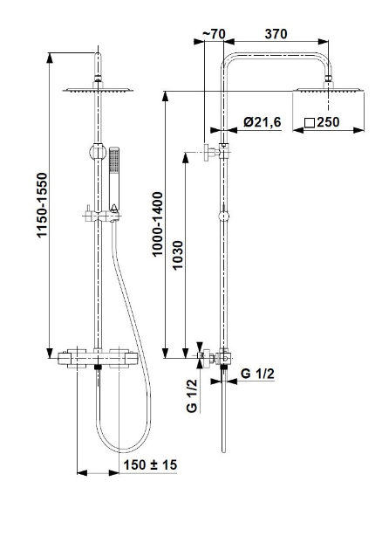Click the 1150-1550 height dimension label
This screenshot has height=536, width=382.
pos(42,205)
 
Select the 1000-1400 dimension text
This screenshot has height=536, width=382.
pos(158,223)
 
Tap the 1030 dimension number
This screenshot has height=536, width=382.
pos(178,256)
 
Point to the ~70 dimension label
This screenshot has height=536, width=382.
pos(214,34)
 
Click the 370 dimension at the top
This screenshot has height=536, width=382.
pos(276,34)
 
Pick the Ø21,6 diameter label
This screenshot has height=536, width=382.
pos(263,122)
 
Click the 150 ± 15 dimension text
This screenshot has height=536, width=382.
pos(150,465)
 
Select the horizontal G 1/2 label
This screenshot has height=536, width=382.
pos(257,374)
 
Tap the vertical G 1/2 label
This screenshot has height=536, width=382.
pos(192,395)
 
